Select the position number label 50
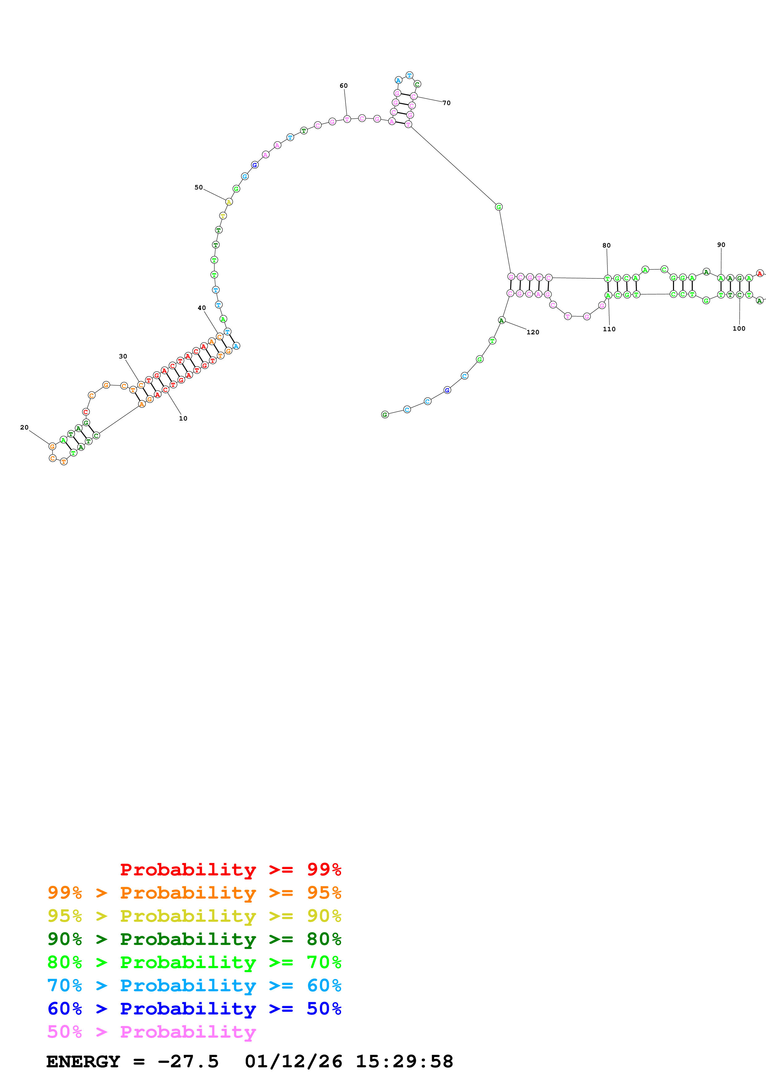tap(198, 188)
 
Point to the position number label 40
tap(201, 308)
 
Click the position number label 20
tap(24, 427)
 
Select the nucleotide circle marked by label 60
tap(347, 119)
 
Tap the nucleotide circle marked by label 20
tap(53, 446)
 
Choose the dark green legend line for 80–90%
tap(194, 939)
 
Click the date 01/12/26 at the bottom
tap(293, 1061)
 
